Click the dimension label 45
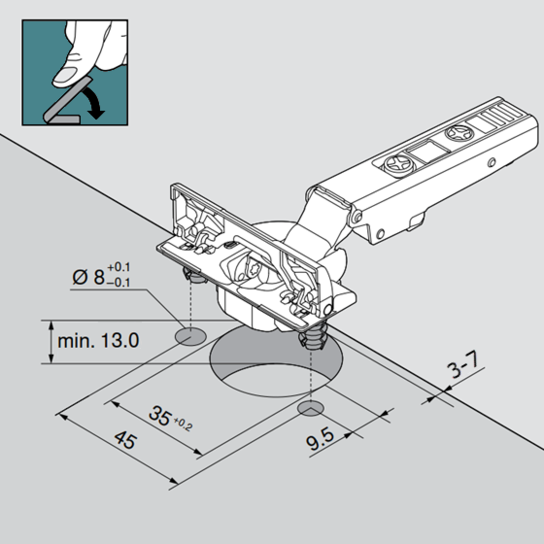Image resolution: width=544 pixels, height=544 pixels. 125,440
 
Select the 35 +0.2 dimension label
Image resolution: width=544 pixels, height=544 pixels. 170,418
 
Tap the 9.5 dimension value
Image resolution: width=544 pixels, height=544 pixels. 320,439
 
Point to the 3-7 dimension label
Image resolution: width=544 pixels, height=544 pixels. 463,365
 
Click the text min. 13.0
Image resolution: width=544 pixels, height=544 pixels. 98,341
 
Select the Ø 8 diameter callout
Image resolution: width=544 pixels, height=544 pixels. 101,275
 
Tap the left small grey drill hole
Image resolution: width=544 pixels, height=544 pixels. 190,336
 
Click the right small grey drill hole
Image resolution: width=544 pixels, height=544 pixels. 311,409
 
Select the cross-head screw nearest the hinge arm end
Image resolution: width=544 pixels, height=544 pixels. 459,133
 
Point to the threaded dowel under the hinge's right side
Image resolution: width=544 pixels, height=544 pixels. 313,335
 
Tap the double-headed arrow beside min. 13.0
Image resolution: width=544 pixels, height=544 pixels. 51,342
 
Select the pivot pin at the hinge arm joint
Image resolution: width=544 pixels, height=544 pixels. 357,218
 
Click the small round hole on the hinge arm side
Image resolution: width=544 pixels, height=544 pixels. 492,162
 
